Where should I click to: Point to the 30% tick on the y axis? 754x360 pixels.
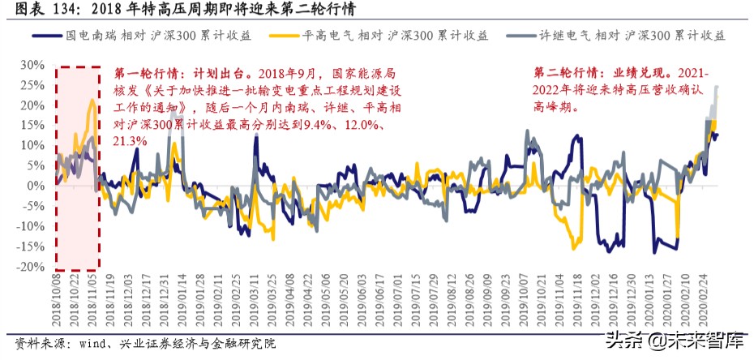(x=31, y=65)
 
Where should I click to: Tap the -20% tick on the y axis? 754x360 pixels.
(x=29, y=267)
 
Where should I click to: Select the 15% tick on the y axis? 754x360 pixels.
(x=31, y=125)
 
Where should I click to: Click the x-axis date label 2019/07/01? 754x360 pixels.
(x=398, y=301)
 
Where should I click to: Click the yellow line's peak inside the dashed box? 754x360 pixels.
(x=92, y=100)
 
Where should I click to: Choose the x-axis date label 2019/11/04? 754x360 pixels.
(x=557, y=301)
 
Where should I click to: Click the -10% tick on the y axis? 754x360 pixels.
(x=29, y=226)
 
